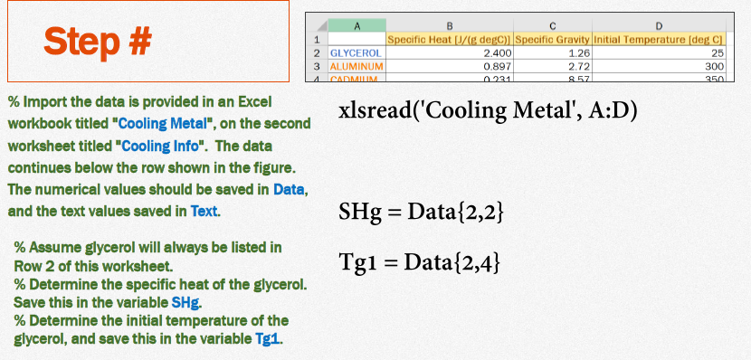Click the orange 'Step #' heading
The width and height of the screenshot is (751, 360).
pos(99,41)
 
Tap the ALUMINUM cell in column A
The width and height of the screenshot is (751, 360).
pos(356,67)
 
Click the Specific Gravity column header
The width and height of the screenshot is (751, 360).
pos(552,41)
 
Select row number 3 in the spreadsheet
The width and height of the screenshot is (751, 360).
pos(318,67)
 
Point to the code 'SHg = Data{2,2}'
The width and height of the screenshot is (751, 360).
pos(420,213)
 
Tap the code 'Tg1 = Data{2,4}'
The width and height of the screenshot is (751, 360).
pos(420,262)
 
